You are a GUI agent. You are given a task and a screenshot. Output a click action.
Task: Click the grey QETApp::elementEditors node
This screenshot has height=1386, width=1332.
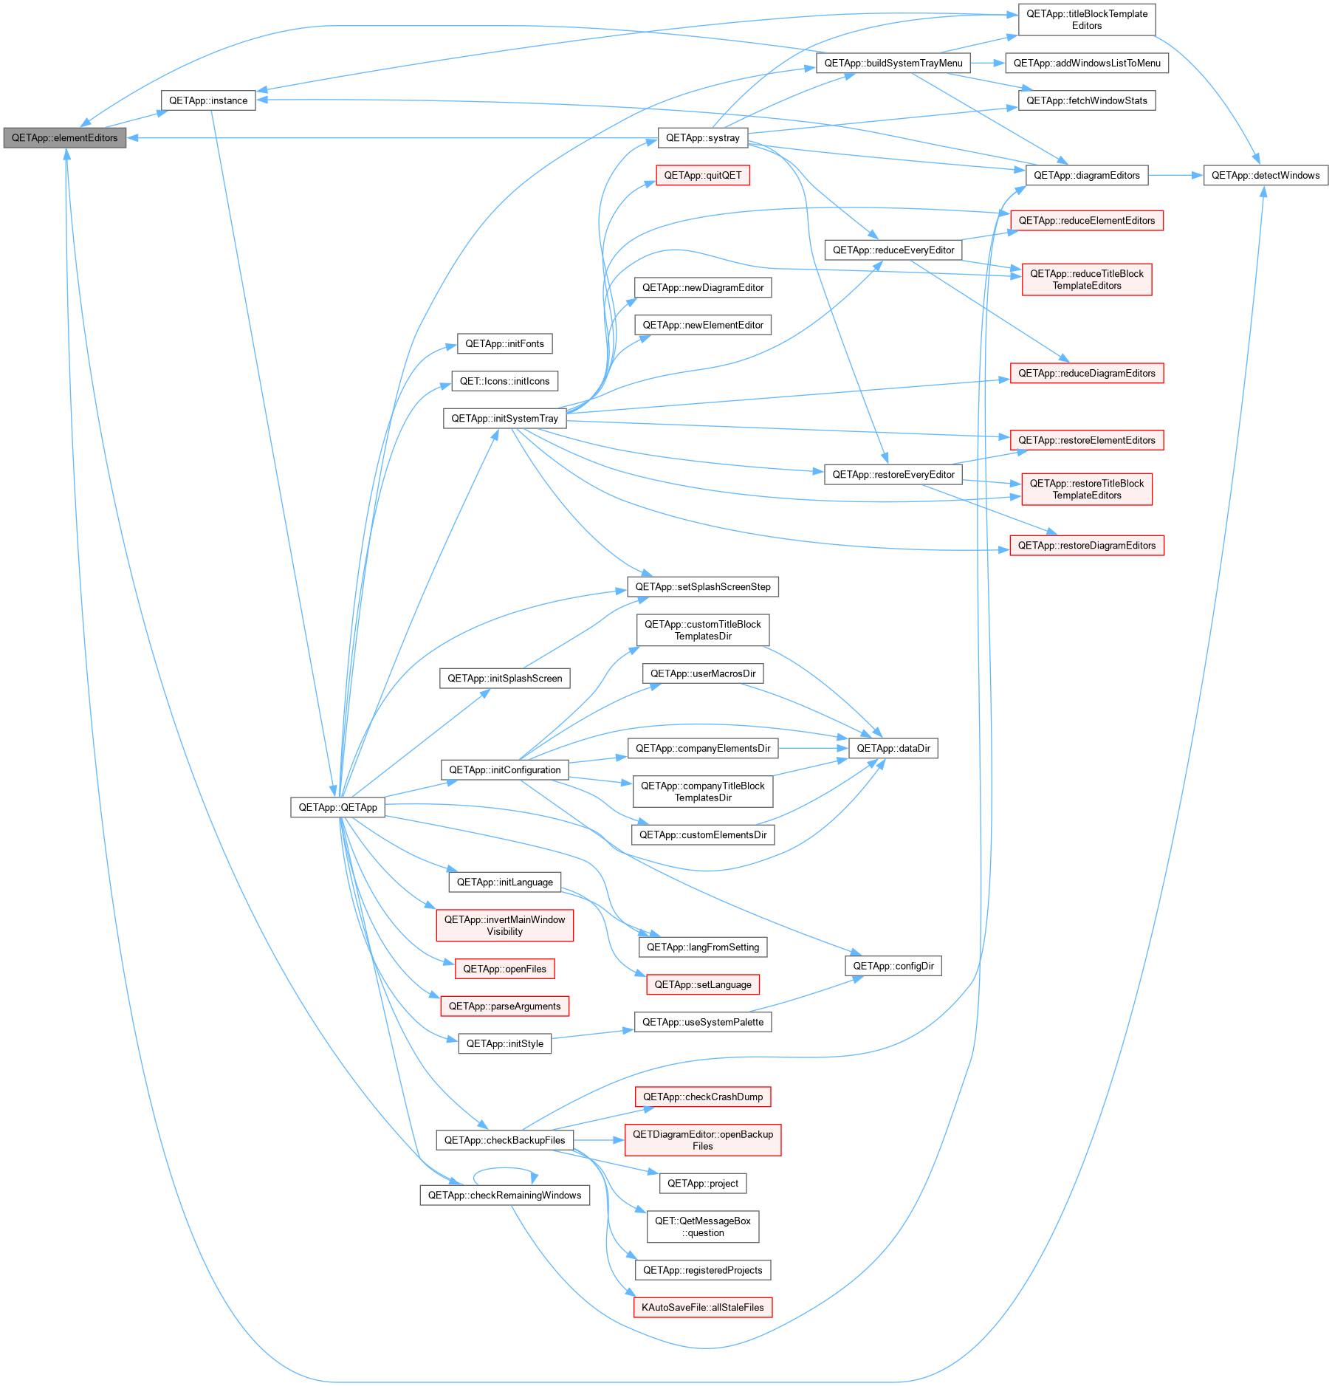pos(65,138)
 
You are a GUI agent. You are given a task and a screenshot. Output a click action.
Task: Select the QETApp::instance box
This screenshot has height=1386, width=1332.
pos(208,100)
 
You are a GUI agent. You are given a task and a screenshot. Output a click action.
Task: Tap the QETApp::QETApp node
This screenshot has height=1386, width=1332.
pos(337,807)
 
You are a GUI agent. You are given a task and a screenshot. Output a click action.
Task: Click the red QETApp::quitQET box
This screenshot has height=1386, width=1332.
pos(703,175)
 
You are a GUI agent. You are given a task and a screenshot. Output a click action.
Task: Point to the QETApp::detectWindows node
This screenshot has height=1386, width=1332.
pos(1266,175)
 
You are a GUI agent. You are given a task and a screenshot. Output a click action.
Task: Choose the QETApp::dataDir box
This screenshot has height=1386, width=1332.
pos(893,748)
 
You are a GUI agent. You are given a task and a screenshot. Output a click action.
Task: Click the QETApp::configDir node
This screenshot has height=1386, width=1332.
pos(893,966)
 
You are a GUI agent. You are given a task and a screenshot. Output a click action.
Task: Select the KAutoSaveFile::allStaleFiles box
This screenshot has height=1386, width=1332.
pos(703,1307)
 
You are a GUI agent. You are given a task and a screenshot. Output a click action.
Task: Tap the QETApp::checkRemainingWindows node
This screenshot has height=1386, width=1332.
pos(505,1195)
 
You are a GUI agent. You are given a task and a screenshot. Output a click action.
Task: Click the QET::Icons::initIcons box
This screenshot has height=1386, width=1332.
pos(505,381)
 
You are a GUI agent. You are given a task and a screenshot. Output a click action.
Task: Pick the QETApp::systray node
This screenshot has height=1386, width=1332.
pos(703,138)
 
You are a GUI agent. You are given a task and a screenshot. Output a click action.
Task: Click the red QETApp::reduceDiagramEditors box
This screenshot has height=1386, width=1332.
pos(1087,373)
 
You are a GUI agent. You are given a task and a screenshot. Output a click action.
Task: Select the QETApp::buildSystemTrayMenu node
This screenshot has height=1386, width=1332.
pos(893,63)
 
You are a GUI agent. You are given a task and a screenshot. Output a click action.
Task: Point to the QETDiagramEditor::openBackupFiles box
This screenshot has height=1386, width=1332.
pos(703,1140)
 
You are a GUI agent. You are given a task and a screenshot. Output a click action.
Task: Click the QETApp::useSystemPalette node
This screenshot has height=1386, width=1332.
pos(703,1022)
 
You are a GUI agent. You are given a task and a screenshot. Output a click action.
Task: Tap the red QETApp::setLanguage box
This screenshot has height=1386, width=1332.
pos(703,984)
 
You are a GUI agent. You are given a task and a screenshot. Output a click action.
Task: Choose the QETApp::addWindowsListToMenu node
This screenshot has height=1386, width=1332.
pos(1087,63)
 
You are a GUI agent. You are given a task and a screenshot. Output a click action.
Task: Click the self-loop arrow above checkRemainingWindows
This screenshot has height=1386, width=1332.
pos(505,1169)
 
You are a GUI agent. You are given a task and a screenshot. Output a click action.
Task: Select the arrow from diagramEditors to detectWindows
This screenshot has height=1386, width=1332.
pos(1175,175)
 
